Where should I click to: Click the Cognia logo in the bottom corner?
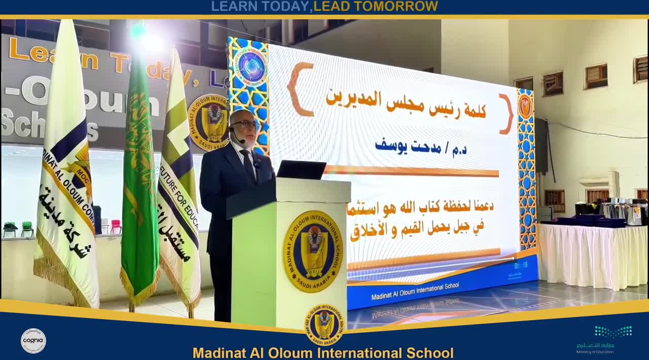(x=33, y=341)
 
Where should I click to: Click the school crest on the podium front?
(x=313, y=251)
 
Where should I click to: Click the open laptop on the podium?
(x=301, y=169)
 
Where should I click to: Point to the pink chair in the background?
(x=115, y=226)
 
